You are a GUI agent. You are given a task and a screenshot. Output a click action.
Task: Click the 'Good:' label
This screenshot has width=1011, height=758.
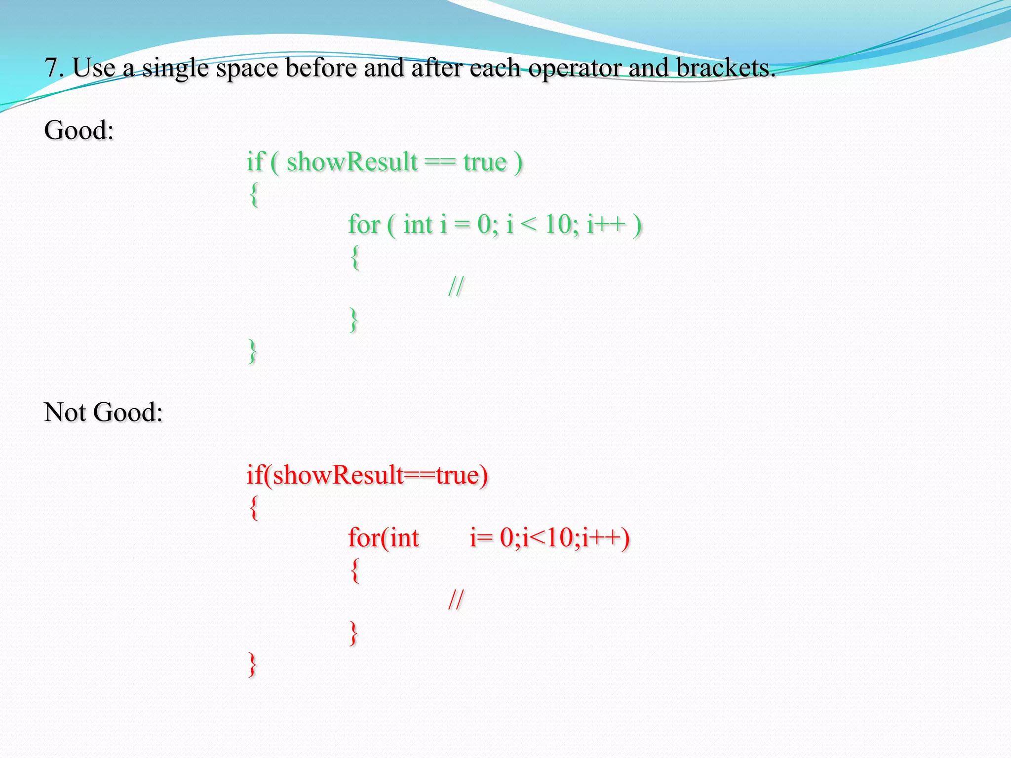[79, 130]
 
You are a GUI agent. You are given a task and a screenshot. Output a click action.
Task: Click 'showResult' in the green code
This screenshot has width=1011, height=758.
[352, 162]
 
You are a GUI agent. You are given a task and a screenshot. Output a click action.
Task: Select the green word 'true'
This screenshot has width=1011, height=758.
[485, 162]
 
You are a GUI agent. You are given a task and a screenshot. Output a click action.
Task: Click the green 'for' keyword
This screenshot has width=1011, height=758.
[364, 225]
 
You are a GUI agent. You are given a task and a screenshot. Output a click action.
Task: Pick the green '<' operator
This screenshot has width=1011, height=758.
[528, 226]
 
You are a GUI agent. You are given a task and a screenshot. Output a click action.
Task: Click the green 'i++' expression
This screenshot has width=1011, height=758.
[606, 225]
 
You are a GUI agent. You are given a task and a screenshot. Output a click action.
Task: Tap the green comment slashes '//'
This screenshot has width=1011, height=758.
[456, 287]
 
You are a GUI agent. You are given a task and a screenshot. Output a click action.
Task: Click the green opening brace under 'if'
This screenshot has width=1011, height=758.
[254, 195]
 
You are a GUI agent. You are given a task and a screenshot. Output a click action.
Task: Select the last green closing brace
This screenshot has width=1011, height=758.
[252, 351]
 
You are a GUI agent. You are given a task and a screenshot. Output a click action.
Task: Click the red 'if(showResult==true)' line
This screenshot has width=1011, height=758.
[367, 475]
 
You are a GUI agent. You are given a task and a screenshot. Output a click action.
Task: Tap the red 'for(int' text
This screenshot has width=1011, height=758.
[383, 537]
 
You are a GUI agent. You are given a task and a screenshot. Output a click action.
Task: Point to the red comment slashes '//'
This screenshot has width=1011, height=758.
[456, 600]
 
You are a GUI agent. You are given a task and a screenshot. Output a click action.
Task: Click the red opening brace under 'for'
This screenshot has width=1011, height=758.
[354, 570]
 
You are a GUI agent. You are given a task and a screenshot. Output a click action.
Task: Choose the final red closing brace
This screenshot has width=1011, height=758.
[252, 664]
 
